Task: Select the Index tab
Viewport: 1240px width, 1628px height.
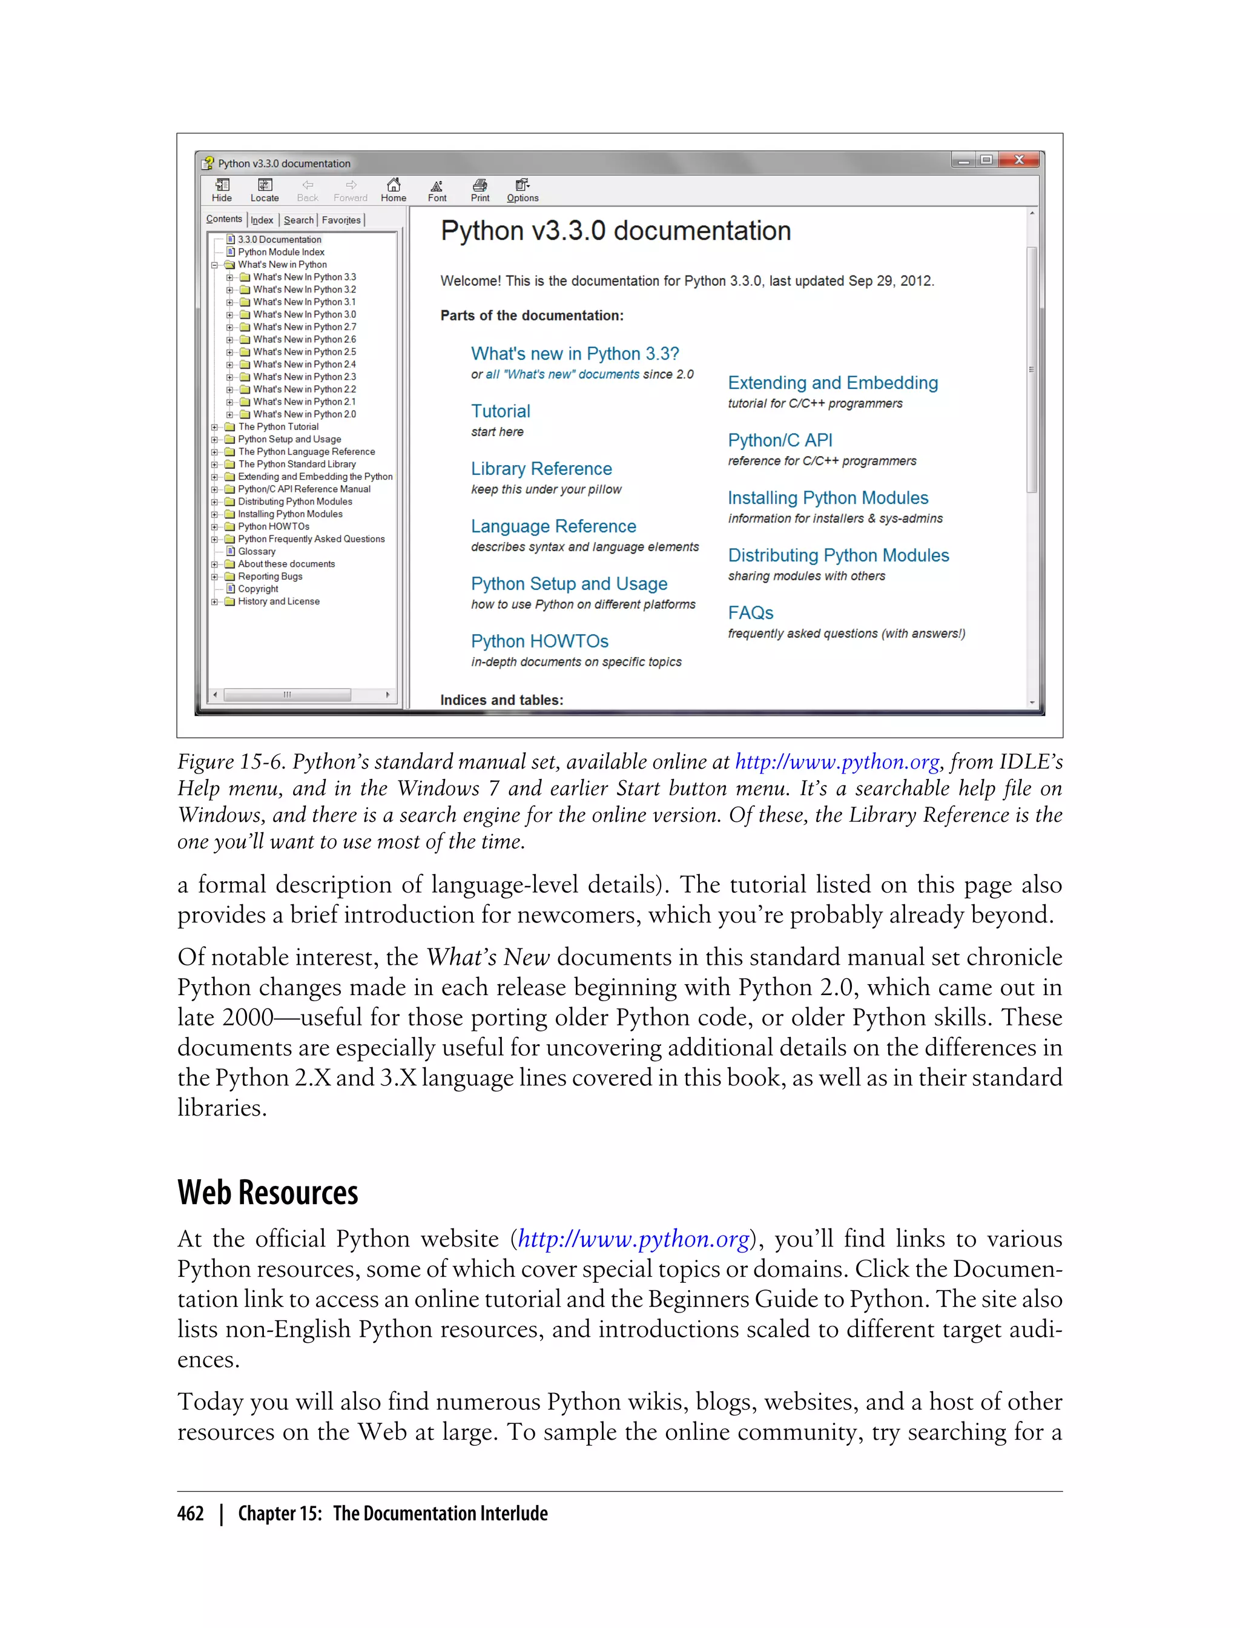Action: [x=262, y=220]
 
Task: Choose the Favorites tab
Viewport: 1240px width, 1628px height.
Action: [x=341, y=220]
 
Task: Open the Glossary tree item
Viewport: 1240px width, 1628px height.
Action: [x=256, y=552]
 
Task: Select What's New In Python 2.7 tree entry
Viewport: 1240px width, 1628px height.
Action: [x=304, y=327]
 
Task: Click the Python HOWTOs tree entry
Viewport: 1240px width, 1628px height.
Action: [x=273, y=526]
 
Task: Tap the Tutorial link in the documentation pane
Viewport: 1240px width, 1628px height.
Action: [x=501, y=411]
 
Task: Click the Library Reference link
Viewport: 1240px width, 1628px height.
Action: [x=541, y=469]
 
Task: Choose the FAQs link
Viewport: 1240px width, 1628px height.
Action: [x=750, y=613]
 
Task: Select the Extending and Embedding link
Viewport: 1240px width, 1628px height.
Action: [x=832, y=382]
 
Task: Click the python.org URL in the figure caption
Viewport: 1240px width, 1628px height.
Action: [x=836, y=762]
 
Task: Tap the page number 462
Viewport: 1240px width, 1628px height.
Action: [x=191, y=1514]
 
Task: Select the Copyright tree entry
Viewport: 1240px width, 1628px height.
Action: [x=257, y=589]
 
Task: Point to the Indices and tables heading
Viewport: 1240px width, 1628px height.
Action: [x=501, y=700]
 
